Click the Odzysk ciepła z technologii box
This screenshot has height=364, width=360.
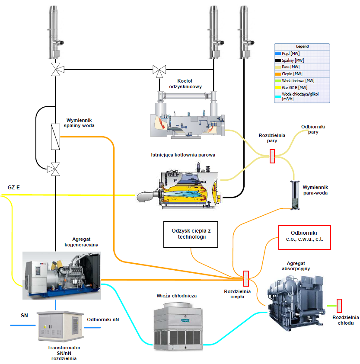[191, 234]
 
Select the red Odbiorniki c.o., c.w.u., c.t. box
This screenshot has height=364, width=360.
[304, 237]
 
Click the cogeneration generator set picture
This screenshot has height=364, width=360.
[61, 275]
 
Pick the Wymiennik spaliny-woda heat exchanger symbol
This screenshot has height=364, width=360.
[55, 137]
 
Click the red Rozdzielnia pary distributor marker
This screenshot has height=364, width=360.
[272, 156]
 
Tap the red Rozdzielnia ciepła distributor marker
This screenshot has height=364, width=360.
[246, 278]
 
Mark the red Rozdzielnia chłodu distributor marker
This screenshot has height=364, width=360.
[339, 306]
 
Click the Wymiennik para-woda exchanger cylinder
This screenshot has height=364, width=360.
[295, 195]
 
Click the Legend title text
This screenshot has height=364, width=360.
[302, 46]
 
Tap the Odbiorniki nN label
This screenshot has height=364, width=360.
[103, 319]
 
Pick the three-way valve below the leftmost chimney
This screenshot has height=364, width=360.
[55, 69]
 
